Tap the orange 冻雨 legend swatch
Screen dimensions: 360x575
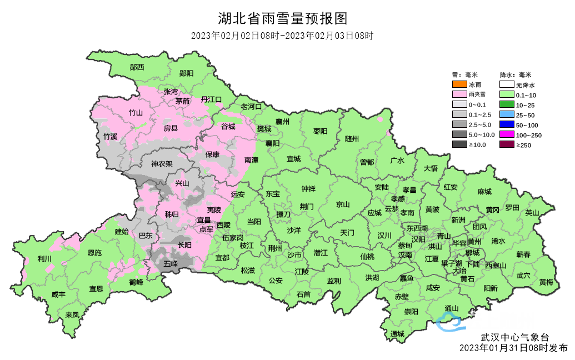(x=459, y=85)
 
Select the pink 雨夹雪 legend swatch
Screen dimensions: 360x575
(x=459, y=95)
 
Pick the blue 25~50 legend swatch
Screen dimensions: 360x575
(x=506, y=115)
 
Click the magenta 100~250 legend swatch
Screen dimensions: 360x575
(x=506, y=135)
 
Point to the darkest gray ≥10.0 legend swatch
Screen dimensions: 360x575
(x=459, y=145)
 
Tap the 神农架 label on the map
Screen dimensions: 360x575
(x=162, y=164)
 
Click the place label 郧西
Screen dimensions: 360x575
(x=137, y=67)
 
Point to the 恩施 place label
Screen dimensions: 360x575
(x=94, y=253)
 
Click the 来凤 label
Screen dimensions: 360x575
(x=72, y=314)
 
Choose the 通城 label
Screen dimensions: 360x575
(x=397, y=333)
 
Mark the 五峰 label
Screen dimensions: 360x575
(x=171, y=264)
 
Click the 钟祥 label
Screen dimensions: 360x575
(x=308, y=189)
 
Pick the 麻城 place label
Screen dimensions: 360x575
(x=484, y=192)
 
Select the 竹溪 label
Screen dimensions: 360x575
(x=111, y=136)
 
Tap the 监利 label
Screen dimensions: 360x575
(x=334, y=281)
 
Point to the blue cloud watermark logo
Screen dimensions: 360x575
(x=449, y=321)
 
